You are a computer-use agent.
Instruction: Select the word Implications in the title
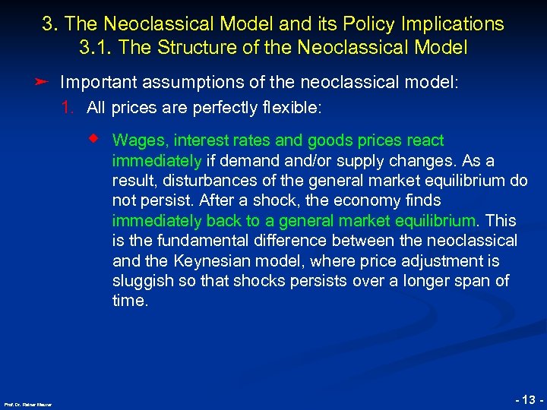click(x=453, y=24)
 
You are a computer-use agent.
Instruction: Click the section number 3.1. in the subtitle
click(x=96, y=47)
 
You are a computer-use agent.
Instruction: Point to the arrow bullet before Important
click(x=44, y=81)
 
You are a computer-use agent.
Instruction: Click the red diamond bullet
click(x=94, y=139)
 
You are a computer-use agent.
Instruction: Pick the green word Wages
click(x=134, y=140)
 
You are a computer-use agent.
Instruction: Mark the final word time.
click(x=129, y=301)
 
